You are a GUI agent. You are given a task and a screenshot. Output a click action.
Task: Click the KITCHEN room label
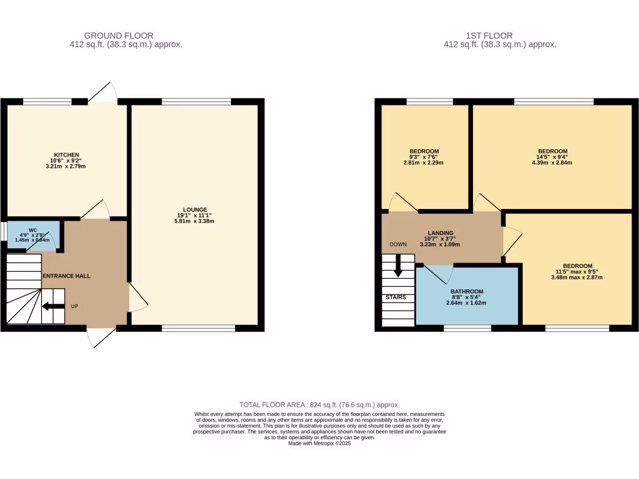coord(66,155)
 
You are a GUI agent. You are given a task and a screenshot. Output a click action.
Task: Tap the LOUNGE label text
coord(195,210)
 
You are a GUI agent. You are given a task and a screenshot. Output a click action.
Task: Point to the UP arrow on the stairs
coord(53,306)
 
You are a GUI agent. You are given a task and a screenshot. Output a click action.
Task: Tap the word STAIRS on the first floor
coord(396,297)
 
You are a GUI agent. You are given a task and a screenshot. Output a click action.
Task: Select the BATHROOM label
coord(467,291)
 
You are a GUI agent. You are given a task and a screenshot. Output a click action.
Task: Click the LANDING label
coord(441,233)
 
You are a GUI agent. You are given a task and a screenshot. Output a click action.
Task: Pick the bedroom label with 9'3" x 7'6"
coord(424,152)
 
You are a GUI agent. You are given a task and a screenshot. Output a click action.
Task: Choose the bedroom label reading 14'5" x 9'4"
coord(552,152)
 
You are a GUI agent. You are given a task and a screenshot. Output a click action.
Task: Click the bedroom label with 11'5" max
coord(577,266)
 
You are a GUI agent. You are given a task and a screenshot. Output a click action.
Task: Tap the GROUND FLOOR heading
coord(119,36)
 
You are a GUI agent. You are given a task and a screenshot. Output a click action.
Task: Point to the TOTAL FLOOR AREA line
coord(319,405)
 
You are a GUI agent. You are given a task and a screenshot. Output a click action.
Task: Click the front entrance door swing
coord(100,337)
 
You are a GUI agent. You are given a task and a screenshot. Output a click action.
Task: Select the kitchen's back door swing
coord(102,92)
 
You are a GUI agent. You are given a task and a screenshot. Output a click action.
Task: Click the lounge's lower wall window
coord(198,327)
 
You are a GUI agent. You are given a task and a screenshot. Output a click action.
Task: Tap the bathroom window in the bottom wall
coord(467,327)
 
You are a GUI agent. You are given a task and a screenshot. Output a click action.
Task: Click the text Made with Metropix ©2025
coord(319,443)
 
